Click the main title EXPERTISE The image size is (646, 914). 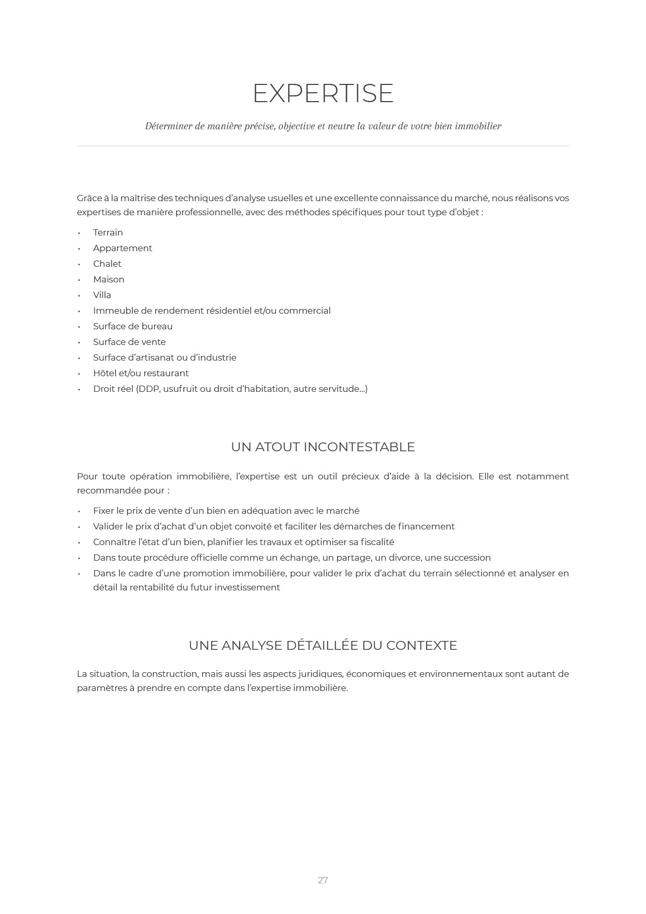point(323,94)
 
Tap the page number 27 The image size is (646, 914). point(323,880)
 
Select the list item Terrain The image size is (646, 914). point(108,232)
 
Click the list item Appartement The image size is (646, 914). point(122,248)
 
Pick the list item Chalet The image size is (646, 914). point(107,264)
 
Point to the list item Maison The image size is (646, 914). point(108,279)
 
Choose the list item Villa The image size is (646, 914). point(102,295)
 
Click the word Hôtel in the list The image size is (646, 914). point(105,373)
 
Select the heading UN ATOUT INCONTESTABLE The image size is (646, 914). point(323,447)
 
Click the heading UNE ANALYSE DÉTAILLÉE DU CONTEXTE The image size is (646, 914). point(323,646)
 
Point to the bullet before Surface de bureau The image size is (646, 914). point(79,327)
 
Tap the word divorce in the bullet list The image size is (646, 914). point(404,558)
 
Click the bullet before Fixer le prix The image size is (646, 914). point(79,511)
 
